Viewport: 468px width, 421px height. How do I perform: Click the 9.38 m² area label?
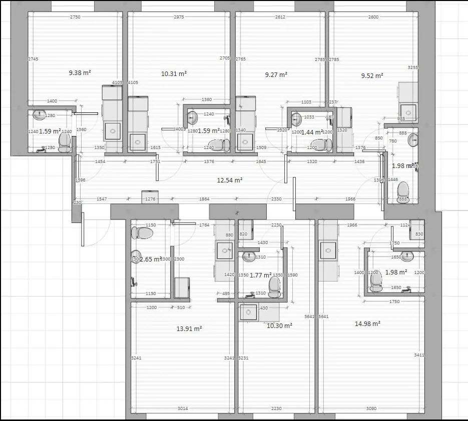pos(80,72)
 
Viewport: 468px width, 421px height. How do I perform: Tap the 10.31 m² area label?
pos(174,73)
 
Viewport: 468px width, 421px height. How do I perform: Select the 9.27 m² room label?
pos(276,74)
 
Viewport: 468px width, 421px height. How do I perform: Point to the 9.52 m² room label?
pos(372,76)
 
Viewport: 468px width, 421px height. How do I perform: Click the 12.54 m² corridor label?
pos(230,180)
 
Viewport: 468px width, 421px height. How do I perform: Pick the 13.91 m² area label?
pos(189,328)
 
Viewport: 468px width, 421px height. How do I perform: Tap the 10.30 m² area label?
pos(279,325)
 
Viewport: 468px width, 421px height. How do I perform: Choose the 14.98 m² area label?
pos(367,323)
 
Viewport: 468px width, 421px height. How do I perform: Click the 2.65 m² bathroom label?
pos(151,259)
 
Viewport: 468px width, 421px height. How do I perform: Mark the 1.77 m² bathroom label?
pos(260,274)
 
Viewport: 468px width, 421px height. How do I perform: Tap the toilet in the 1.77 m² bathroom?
pos(274,285)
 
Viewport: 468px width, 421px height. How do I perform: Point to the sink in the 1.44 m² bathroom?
pos(296,119)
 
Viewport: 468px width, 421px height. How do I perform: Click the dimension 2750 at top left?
pos(75,17)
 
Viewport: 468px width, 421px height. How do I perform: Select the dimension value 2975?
pos(179,17)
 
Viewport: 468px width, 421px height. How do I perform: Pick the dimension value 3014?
pos(183,408)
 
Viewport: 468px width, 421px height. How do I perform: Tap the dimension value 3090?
pos(371,408)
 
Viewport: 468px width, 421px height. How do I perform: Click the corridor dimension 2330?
pos(276,199)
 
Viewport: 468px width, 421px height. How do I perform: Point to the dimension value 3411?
pos(419,354)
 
